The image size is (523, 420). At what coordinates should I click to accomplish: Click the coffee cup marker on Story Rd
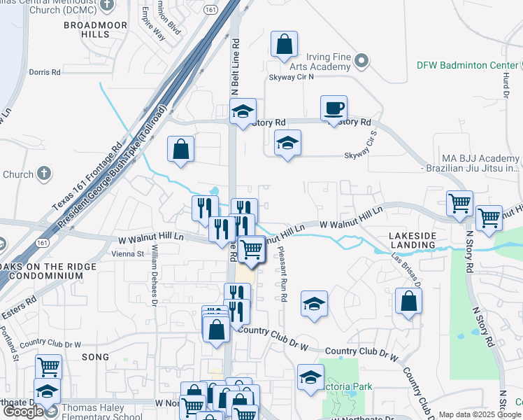[x=333, y=108]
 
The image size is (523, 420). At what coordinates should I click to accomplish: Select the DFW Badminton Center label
[x=467, y=65]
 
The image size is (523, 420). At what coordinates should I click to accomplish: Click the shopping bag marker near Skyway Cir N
[x=284, y=45]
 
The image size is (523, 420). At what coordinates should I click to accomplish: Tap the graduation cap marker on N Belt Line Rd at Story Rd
[x=243, y=111]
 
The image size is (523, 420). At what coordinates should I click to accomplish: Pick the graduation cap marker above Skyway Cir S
[x=287, y=143]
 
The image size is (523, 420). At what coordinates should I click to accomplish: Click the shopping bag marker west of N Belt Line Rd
[x=180, y=149]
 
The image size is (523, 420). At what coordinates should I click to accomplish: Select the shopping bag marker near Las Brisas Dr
[x=408, y=302]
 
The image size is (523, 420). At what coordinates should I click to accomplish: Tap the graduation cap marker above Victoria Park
[x=310, y=377]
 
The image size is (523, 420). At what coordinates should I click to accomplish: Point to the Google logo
[x=22, y=412]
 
